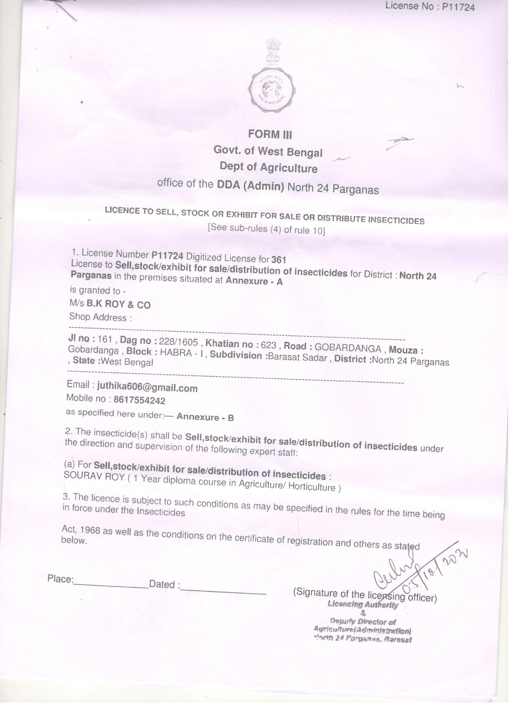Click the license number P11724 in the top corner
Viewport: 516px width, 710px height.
pos(458,7)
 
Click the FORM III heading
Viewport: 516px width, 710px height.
pos(270,135)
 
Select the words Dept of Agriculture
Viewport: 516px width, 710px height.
pos(269,167)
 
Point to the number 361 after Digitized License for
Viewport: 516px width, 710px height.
pos(279,260)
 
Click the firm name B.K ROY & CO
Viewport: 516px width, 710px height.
pos(119,304)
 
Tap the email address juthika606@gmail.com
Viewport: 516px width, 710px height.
pos(148,388)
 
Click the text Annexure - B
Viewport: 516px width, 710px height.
pos(205,417)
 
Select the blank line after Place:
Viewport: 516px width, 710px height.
pos(111,586)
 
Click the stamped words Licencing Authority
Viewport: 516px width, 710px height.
pos(363,605)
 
